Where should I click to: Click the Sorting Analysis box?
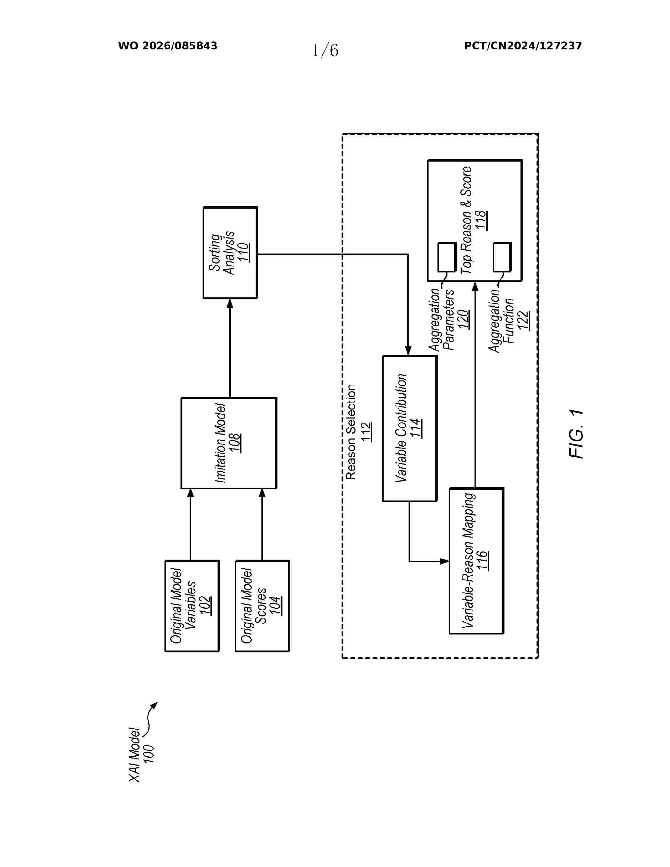[x=230, y=253]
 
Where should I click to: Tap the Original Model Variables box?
[x=192, y=606]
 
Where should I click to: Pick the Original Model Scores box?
[x=262, y=606]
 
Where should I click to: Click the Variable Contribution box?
[x=410, y=428]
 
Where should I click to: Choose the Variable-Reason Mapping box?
[x=476, y=561]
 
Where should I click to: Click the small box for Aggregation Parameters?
[x=446, y=257]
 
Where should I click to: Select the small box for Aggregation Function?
[x=502, y=257]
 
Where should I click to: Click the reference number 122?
[x=523, y=320]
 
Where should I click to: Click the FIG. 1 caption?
[x=576, y=434]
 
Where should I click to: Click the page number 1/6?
[x=325, y=50]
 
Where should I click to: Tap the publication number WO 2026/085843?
[x=168, y=46]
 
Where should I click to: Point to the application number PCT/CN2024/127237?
[x=523, y=46]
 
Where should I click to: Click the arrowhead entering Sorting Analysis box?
[x=230, y=303]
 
